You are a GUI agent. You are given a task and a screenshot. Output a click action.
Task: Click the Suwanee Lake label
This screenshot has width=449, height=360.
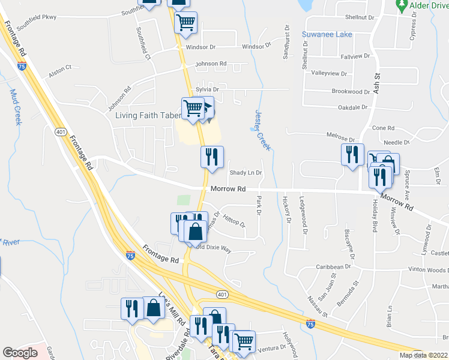(x=327, y=34)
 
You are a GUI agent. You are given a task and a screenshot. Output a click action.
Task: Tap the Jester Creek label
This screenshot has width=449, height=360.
(x=263, y=130)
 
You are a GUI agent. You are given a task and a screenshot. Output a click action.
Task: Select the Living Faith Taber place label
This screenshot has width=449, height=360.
(x=148, y=115)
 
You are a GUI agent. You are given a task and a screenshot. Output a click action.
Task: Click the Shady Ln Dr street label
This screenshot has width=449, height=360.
(x=246, y=173)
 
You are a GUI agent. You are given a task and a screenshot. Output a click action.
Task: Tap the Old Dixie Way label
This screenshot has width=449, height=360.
(x=214, y=248)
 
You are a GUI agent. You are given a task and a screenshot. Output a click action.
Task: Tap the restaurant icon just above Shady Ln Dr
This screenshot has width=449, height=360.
(x=212, y=157)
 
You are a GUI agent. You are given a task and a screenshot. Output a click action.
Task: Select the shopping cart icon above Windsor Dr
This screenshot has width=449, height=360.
(x=186, y=23)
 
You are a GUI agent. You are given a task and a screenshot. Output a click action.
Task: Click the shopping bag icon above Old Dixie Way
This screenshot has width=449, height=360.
(x=196, y=231)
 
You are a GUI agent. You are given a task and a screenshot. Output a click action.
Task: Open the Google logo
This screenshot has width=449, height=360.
(x=20, y=353)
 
